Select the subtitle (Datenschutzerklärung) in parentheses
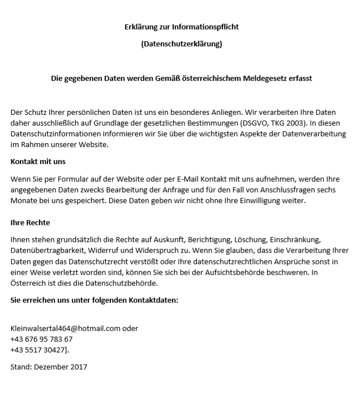(181, 44)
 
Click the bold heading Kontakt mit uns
(38, 161)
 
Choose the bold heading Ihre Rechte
(30, 222)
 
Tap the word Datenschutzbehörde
(120, 283)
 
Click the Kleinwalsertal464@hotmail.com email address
(66, 328)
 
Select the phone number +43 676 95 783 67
(41, 339)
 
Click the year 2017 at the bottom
(79, 367)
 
